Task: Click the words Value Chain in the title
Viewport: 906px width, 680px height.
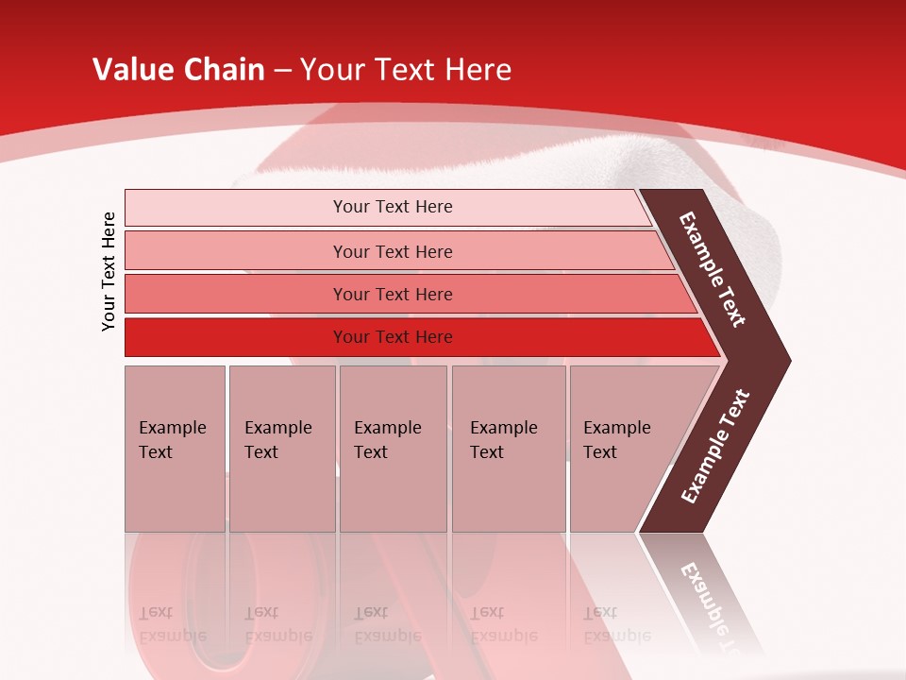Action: click(x=178, y=70)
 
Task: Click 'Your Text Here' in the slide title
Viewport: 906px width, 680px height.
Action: click(x=406, y=70)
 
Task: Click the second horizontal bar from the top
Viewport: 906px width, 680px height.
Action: click(x=236, y=251)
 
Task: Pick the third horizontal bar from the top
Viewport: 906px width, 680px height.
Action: click(x=236, y=294)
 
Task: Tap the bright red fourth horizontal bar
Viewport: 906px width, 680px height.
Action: click(x=236, y=337)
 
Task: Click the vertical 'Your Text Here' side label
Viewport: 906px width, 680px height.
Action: click(x=109, y=272)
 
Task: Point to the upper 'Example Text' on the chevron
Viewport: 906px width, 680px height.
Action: click(x=713, y=269)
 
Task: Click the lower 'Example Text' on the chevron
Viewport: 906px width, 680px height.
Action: click(x=714, y=447)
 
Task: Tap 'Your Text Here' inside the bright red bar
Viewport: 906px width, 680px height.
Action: click(x=393, y=337)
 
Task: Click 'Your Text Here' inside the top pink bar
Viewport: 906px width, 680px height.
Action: click(x=393, y=207)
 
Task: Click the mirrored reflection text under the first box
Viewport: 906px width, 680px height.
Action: click(x=173, y=623)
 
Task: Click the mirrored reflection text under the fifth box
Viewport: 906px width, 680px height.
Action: click(x=616, y=623)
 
